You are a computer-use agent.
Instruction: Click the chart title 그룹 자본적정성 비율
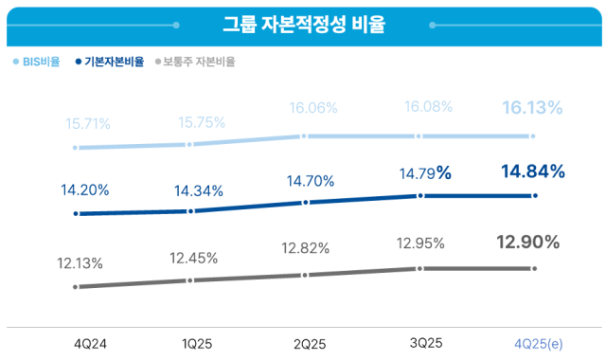(x=303, y=24)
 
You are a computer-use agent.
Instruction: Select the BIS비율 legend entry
(x=37, y=62)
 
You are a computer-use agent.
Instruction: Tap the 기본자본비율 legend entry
(x=109, y=62)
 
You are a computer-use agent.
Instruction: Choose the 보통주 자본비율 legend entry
(x=194, y=62)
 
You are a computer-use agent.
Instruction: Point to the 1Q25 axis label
(x=193, y=341)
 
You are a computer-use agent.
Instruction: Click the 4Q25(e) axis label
(x=536, y=341)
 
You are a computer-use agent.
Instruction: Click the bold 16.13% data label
(x=533, y=108)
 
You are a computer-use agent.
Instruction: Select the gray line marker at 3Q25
(x=418, y=269)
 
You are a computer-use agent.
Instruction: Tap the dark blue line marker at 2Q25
(x=304, y=203)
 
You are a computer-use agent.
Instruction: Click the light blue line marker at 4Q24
(x=75, y=148)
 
